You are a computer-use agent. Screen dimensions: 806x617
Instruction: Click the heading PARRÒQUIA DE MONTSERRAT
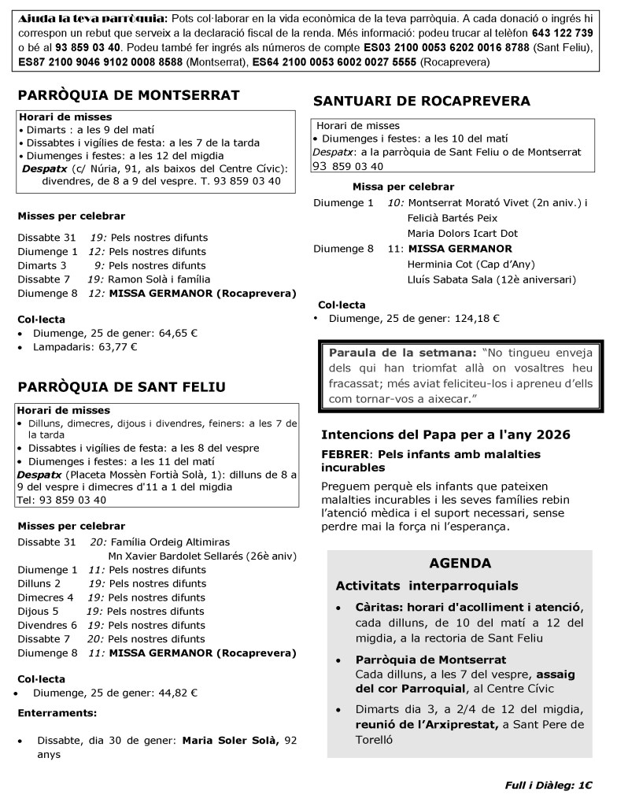click(x=128, y=96)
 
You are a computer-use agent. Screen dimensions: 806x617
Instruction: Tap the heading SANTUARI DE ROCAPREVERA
click(x=422, y=101)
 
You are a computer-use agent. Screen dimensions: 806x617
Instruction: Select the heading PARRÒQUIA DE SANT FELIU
click(x=121, y=386)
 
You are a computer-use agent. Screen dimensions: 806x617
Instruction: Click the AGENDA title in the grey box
click(x=460, y=564)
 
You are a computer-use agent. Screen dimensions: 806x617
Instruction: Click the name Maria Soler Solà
click(x=231, y=740)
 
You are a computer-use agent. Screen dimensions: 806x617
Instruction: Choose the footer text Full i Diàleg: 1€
click(x=549, y=785)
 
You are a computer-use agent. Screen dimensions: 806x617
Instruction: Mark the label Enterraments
click(x=57, y=713)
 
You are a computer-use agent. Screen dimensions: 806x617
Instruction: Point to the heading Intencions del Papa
click(x=445, y=434)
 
